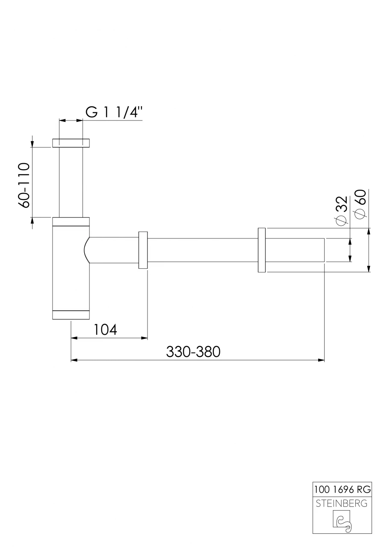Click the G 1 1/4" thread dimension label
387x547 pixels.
pyautogui.click(x=114, y=112)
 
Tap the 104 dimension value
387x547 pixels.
pyautogui.click(x=105, y=329)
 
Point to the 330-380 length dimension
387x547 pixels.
pyautogui.click(x=193, y=352)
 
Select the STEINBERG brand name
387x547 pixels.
pyautogui.click(x=342, y=503)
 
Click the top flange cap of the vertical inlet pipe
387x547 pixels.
pyautogui.click(x=71, y=143)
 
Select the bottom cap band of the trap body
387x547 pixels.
pyautogui.click(x=71, y=315)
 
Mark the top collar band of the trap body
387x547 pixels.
pyautogui.click(x=71, y=221)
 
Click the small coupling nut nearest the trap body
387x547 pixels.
pyautogui.click(x=143, y=250)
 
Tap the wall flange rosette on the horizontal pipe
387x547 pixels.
pyautogui.click(x=262, y=250)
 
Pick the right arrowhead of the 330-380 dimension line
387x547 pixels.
pyautogui.click(x=321, y=360)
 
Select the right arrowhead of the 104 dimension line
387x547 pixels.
pyautogui.click(x=145, y=338)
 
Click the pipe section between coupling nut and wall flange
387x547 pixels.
pyautogui.click(x=203, y=250)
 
